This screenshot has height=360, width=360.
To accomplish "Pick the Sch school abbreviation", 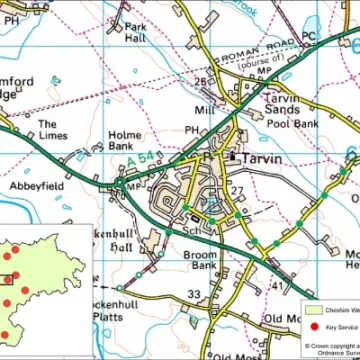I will pos(189,231).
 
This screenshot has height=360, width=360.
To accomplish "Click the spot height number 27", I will pos(237,189).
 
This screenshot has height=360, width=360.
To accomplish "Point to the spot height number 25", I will pos(200,82).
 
